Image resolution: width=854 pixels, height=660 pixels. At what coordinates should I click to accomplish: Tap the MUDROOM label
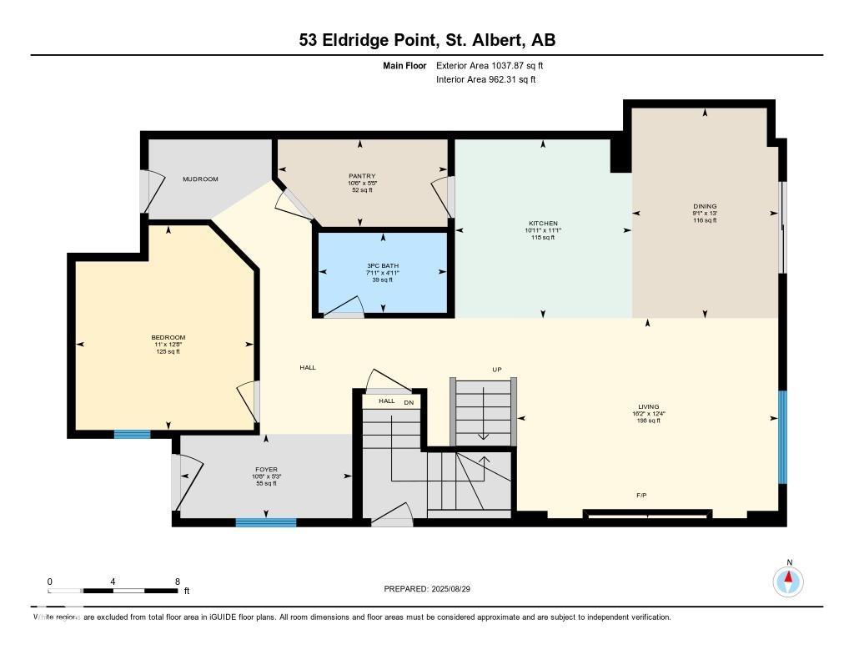point(200,179)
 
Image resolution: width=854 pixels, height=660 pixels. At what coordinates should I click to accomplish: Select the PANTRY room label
point(362,176)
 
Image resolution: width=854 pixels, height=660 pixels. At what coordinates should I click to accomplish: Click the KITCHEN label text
point(542,224)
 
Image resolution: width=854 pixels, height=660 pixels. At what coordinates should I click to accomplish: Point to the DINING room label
point(705,206)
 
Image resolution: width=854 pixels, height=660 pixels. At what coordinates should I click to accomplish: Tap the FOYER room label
point(266,469)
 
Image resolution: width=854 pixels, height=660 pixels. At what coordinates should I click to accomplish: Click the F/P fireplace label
point(641,496)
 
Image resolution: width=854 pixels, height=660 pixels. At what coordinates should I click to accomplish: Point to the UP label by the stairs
point(496,369)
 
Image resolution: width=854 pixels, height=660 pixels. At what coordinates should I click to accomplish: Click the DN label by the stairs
point(409,402)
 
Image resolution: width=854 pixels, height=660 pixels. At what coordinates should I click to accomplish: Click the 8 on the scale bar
point(177,582)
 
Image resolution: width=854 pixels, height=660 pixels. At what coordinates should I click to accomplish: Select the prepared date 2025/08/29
point(457,589)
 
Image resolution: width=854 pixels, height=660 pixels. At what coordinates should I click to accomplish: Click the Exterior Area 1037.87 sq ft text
point(490,65)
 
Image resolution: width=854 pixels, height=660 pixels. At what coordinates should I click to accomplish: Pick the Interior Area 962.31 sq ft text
point(485,80)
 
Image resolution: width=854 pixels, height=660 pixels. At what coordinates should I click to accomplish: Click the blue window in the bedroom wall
point(132,434)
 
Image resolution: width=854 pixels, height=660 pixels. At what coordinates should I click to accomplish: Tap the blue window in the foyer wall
point(265,523)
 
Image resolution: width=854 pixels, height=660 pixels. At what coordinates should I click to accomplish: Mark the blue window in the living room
point(782,437)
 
